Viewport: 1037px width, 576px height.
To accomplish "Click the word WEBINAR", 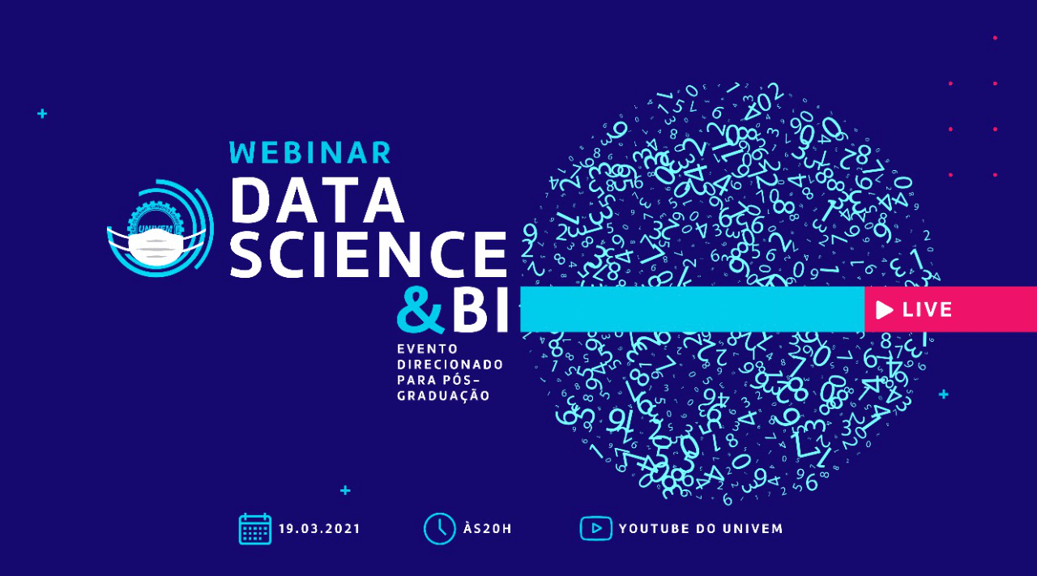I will [310, 152].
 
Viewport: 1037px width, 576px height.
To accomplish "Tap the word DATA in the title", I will [318, 199].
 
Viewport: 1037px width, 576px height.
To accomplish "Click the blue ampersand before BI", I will [420, 311].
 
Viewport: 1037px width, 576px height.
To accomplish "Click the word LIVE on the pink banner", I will [928, 309].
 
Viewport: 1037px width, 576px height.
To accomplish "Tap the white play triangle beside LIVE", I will [885, 309].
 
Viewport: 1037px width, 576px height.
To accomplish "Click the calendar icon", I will [255, 529].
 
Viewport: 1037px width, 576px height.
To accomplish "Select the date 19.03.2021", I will [319, 529].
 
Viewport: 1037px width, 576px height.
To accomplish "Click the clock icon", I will [439, 529].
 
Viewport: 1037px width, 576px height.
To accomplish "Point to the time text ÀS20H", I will [488, 529].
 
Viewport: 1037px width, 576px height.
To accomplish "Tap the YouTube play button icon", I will [595, 528].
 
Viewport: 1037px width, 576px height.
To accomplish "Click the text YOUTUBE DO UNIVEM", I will [701, 529].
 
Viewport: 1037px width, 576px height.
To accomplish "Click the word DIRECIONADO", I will [450, 365].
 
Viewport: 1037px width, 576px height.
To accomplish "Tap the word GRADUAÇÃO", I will [443, 396].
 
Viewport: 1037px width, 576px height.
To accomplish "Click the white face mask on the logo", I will [156, 246].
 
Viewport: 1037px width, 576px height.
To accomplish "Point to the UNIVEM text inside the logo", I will [156, 228].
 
